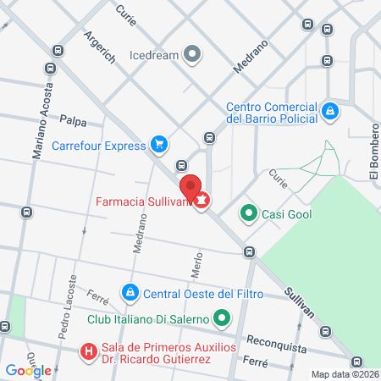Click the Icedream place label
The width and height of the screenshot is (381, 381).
coord(153,56)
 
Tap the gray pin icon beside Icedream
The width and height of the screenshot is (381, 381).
coord(193,56)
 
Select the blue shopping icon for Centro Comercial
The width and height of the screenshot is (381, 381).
coord(331,110)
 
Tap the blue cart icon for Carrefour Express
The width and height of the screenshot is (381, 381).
coord(157,144)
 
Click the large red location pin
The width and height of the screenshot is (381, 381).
coord(190,187)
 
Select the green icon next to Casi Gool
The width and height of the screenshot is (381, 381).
coord(248,214)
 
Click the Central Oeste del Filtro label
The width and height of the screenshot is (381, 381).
coord(203,294)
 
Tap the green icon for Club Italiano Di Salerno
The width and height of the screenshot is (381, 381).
coord(223,319)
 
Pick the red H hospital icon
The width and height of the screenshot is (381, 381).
coord(87,351)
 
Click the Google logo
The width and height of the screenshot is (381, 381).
coord(28,370)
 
